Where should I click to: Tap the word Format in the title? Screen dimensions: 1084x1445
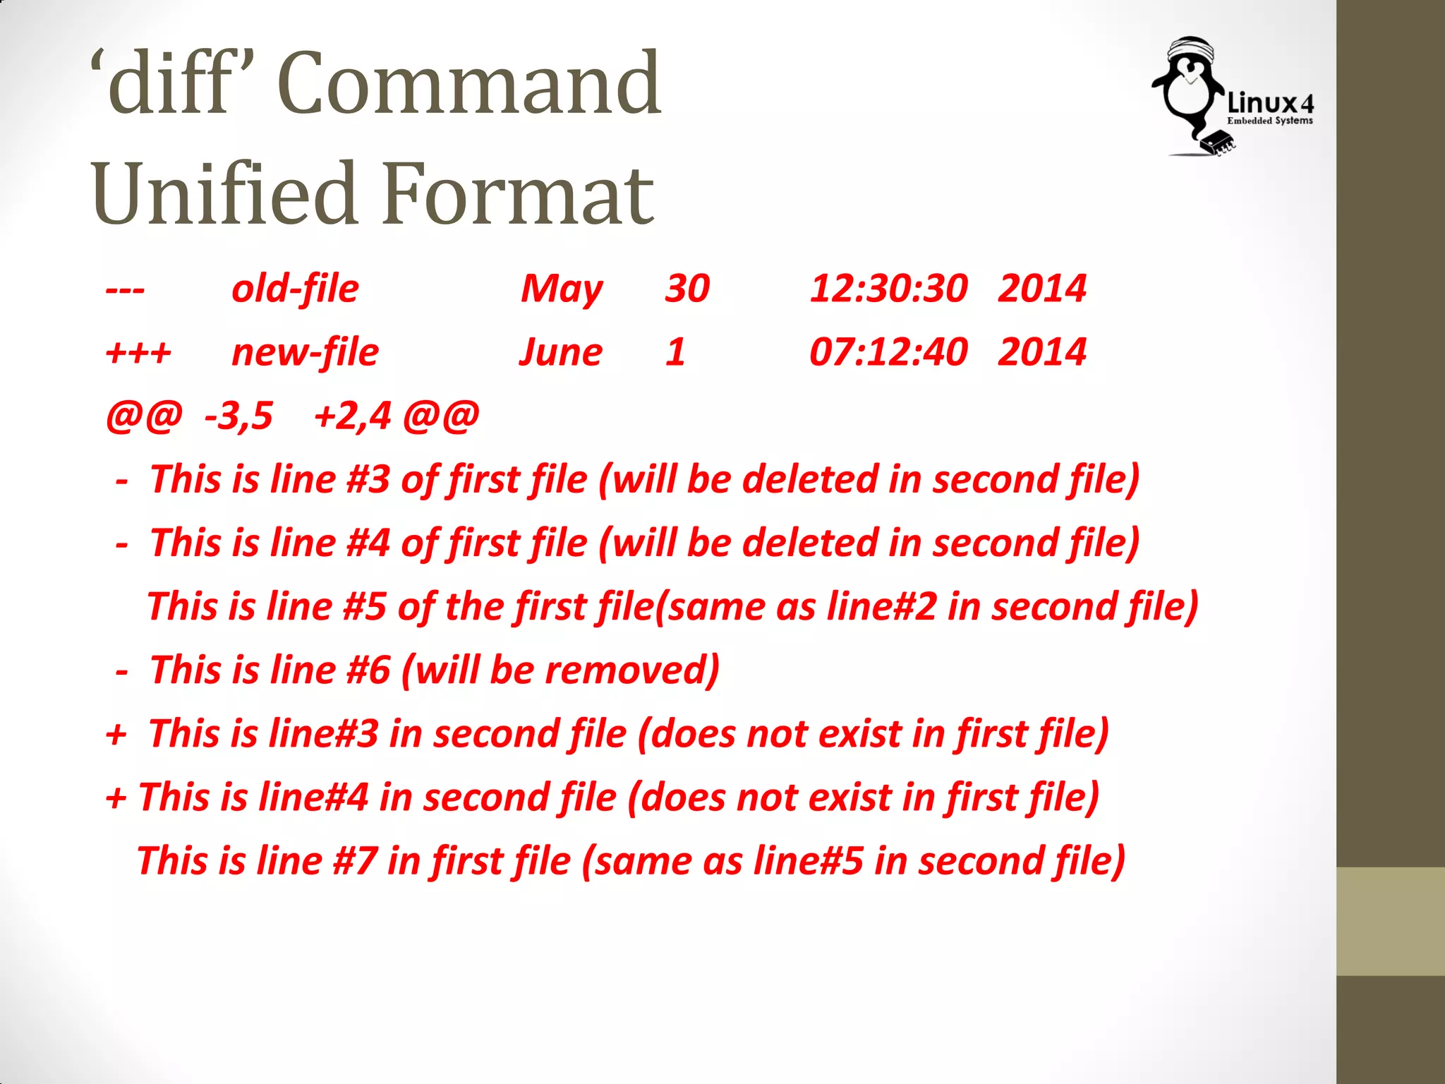tap(519, 193)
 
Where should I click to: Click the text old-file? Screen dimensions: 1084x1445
tap(295, 289)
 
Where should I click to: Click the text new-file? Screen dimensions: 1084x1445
tap(305, 353)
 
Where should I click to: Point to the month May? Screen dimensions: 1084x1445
tap(562, 289)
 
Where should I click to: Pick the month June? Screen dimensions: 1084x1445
tap(561, 353)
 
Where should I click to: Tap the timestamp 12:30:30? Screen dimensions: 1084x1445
tap(888, 289)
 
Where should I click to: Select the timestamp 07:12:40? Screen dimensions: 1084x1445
tap(888, 352)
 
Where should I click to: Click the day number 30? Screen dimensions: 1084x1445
tap(687, 289)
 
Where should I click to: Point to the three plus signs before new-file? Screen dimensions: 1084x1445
tap(138, 353)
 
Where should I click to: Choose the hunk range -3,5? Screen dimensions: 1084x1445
tap(238, 416)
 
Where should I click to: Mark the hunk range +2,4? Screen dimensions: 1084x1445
tap(352, 416)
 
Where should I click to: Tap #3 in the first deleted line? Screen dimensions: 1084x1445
tap(368, 479)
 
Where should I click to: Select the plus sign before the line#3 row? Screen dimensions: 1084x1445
tap(116, 735)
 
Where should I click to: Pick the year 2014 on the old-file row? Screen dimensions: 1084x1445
tap(1041, 289)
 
